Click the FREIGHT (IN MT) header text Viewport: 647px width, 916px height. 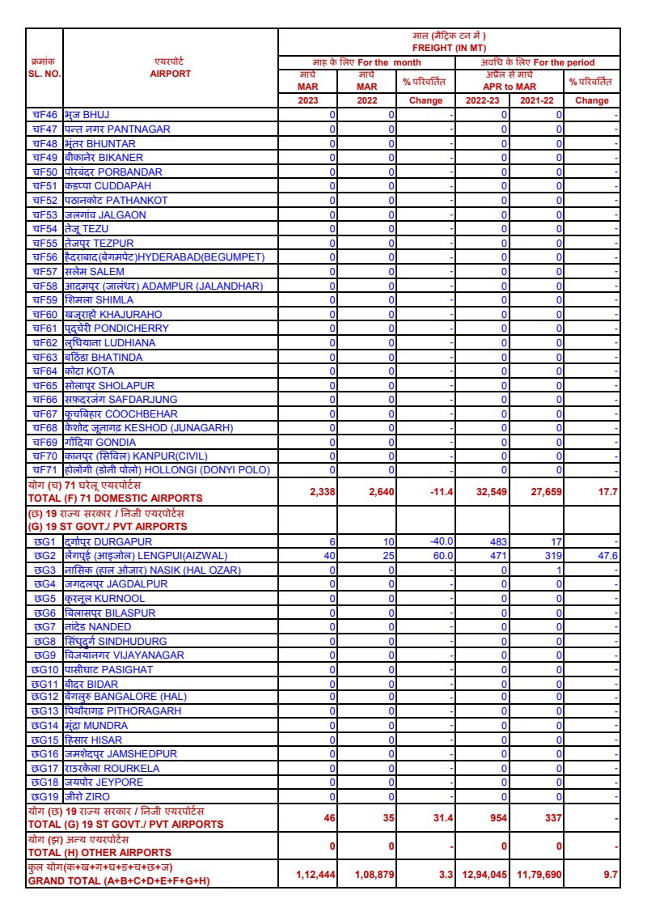(x=450, y=48)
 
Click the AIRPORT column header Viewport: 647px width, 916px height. (x=170, y=73)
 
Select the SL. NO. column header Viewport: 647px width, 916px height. (x=44, y=73)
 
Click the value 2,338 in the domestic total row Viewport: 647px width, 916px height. (x=322, y=492)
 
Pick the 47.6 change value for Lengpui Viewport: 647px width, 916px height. (x=607, y=556)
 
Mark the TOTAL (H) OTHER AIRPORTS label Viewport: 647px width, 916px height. (x=99, y=853)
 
